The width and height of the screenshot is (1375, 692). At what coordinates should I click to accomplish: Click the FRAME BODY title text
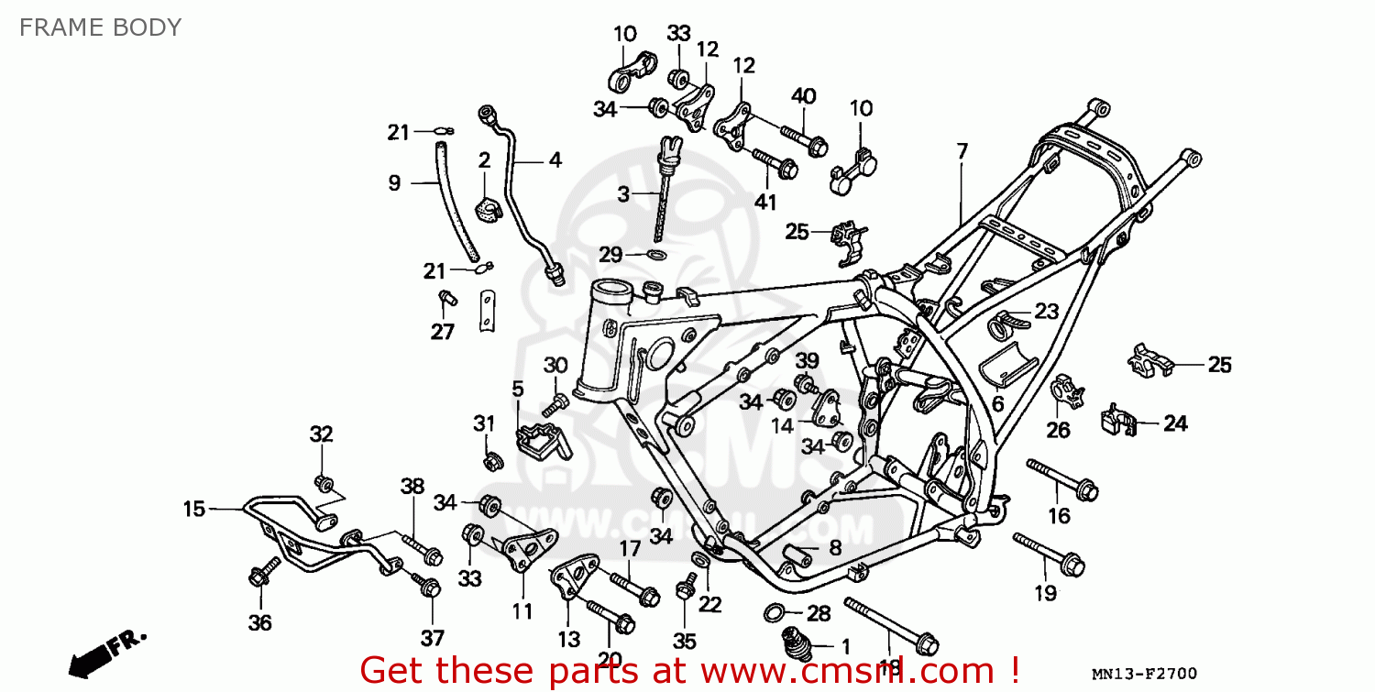(x=100, y=27)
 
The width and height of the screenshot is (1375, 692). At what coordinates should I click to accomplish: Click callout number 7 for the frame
(x=962, y=151)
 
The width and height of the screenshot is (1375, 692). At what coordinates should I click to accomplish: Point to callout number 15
(x=193, y=509)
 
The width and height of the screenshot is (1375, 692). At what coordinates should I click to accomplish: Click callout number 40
(x=803, y=96)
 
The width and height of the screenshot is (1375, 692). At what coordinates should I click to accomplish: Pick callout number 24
(x=1175, y=423)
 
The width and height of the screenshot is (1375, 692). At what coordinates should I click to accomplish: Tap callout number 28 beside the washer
(x=819, y=612)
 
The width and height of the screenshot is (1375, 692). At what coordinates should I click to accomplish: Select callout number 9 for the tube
(x=394, y=183)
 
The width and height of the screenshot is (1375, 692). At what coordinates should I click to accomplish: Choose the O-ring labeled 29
(x=656, y=255)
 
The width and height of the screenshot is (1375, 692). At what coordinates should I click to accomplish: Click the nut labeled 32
(x=323, y=481)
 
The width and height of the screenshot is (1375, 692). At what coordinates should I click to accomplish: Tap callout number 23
(x=1047, y=312)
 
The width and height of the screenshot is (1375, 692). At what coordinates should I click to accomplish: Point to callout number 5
(x=518, y=390)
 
